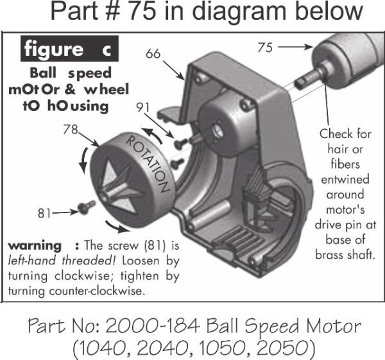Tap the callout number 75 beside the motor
pos(264,47)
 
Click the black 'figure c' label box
pos(72,50)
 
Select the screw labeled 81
pos(85,207)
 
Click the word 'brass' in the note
pos(334,254)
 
